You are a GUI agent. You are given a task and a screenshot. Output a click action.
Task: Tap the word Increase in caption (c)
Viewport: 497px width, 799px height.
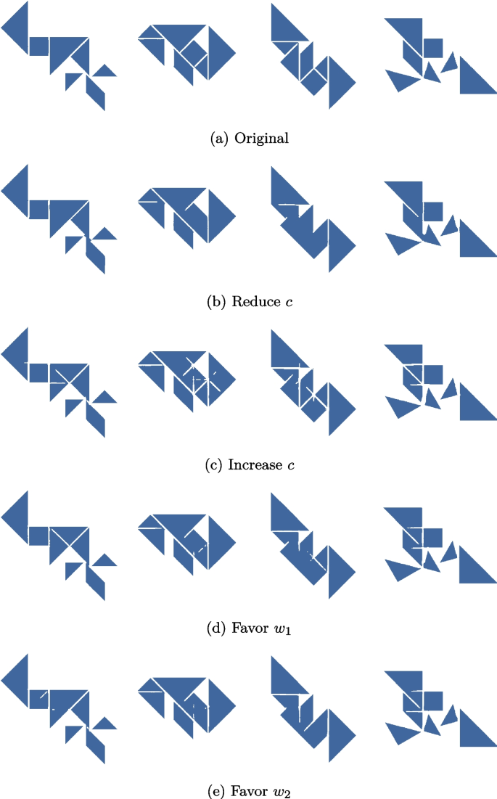253,464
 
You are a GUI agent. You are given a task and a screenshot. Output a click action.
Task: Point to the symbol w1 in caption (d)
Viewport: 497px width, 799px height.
279,628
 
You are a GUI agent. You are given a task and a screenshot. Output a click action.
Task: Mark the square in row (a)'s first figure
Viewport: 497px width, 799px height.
39,46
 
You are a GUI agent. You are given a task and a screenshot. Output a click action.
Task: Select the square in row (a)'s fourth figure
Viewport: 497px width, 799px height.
433,49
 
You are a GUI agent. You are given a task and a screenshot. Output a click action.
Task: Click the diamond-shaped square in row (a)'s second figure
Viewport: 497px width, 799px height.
194,52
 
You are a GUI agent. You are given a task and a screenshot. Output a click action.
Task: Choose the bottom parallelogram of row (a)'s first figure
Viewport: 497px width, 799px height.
95,92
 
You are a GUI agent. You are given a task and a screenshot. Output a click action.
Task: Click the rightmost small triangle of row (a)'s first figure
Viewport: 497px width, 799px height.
105,71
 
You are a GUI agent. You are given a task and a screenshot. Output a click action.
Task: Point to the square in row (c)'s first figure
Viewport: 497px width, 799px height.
39,372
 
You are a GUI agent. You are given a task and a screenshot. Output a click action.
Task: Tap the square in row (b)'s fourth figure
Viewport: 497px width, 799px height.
433,212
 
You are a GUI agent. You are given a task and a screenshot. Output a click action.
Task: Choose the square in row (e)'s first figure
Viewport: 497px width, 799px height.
39,699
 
